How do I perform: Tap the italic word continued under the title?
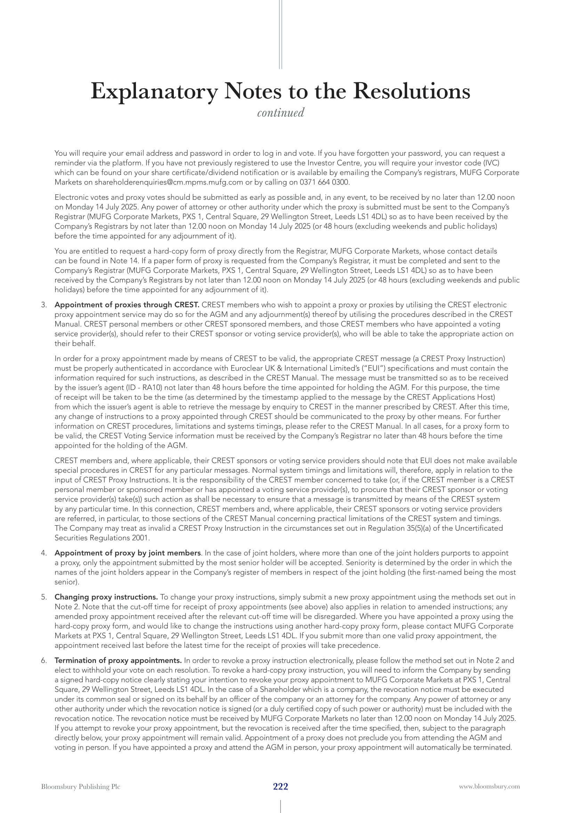tap(281, 113)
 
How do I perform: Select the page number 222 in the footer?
tap(281, 787)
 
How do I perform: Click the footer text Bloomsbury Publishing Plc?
tap(81, 787)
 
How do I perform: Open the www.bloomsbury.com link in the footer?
tap(489, 787)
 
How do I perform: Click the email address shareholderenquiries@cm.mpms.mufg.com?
tap(169, 182)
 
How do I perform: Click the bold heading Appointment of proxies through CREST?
tap(127, 305)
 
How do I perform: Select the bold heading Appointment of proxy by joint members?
tap(128, 553)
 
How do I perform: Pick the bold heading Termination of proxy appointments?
tap(118, 660)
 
